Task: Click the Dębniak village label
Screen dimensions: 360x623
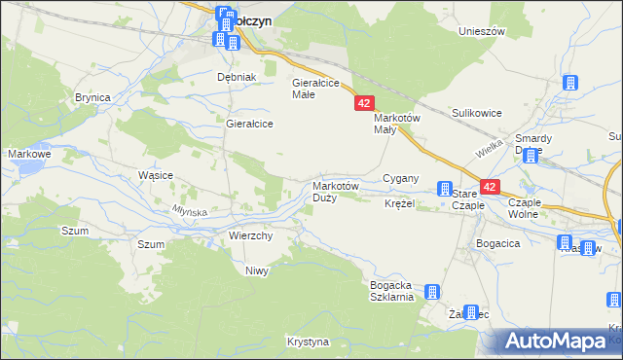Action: point(236,77)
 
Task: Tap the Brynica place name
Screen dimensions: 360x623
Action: point(92,97)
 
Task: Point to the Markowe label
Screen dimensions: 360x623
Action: point(28,154)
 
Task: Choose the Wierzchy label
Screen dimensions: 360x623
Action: point(250,235)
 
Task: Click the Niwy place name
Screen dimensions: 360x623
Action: point(256,270)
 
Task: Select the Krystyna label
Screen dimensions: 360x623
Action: point(309,342)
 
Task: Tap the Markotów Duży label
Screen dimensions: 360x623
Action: point(336,191)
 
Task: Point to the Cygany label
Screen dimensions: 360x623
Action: point(400,178)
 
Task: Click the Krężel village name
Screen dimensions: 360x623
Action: point(399,204)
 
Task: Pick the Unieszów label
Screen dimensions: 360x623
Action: point(482,31)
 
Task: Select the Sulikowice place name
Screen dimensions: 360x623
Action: point(476,113)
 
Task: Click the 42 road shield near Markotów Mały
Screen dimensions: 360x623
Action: point(364,103)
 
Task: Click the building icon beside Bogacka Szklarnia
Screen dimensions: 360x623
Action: point(432,291)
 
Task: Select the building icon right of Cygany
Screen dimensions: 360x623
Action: point(445,188)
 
